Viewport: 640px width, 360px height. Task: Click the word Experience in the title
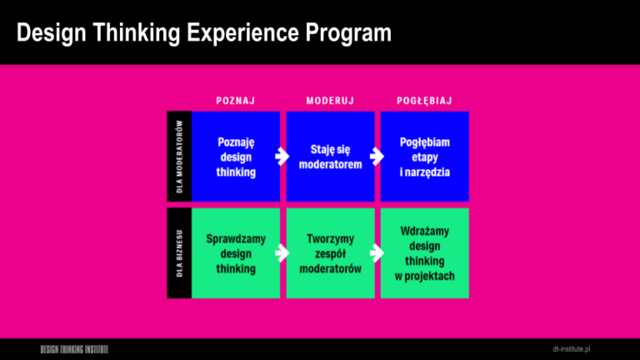(x=242, y=32)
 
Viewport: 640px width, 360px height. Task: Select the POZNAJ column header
(x=236, y=101)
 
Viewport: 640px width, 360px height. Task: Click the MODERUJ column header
(x=330, y=101)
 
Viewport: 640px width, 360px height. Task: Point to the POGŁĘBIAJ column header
(x=424, y=101)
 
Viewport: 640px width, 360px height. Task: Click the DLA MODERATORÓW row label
(x=180, y=157)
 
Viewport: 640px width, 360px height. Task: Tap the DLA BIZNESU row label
(x=180, y=253)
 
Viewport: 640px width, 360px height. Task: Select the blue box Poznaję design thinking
(x=236, y=157)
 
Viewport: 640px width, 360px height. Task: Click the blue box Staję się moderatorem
(x=330, y=157)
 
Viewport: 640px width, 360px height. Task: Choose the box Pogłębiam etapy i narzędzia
(x=424, y=157)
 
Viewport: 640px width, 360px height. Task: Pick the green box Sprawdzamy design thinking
(x=236, y=253)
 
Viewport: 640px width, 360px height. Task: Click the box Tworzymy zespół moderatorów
(x=330, y=253)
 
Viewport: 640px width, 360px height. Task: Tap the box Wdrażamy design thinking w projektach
(x=424, y=253)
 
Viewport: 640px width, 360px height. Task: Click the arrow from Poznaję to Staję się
(x=282, y=157)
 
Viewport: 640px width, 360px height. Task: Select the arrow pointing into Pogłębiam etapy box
(x=377, y=157)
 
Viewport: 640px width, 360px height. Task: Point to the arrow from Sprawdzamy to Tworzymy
(x=282, y=253)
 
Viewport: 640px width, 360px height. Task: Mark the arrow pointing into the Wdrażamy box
(x=377, y=253)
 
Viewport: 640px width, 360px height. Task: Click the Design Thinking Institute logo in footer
(x=74, y=349)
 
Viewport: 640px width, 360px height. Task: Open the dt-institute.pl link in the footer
(x=572, y=349)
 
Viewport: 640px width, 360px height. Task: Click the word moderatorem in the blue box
(x=330, y=164)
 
